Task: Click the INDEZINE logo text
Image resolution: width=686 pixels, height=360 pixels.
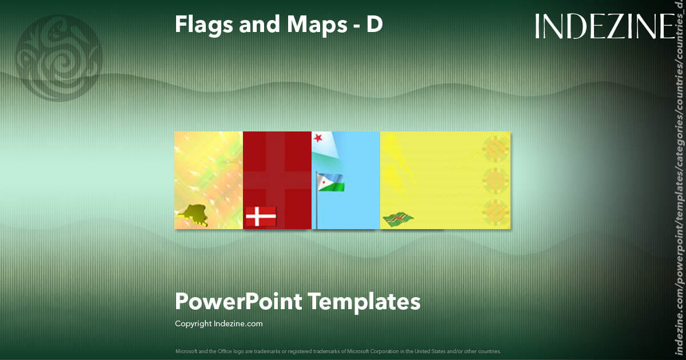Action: point(605,26)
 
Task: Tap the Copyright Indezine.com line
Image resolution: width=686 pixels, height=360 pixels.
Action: point(218,323)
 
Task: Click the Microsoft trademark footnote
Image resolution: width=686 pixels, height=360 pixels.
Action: point(338,351)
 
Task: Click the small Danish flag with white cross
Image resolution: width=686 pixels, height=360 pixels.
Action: point(261,217)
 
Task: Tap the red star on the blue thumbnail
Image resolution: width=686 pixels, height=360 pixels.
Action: point(317,138)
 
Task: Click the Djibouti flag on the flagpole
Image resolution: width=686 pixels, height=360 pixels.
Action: point(330,182)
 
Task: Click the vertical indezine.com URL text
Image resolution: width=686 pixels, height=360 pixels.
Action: point(679,189)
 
